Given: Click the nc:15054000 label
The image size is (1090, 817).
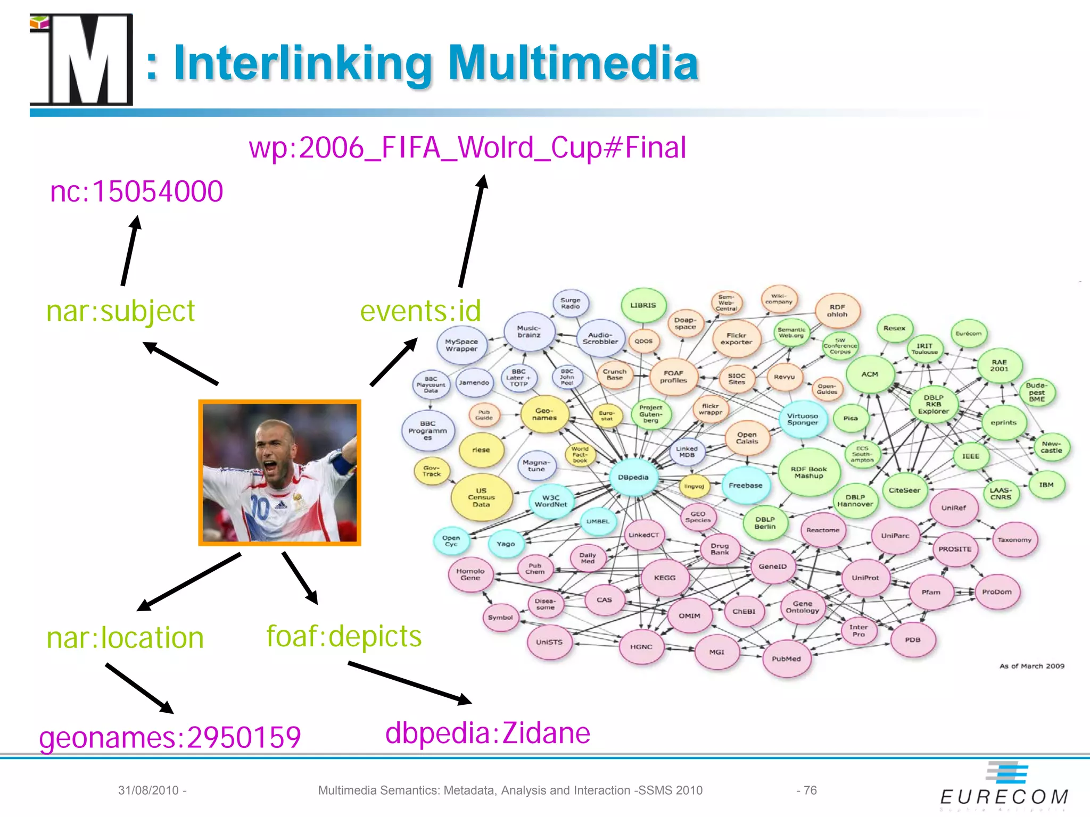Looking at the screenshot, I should [136, 191].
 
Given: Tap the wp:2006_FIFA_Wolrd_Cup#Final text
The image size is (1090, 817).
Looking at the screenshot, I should [467, 148].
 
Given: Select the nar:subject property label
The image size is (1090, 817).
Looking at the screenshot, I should [121, 311].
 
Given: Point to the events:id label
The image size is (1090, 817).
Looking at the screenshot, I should [420, 311].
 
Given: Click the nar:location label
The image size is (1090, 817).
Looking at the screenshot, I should [125, 638].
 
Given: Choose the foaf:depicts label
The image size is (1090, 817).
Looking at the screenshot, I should [344, 636].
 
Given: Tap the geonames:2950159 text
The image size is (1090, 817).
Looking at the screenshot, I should [170, 737].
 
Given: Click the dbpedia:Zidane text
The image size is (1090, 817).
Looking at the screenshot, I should [488, 733].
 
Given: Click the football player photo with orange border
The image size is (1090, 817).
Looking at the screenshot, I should [279, 473].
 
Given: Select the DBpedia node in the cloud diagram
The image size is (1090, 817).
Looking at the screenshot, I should [633, 477].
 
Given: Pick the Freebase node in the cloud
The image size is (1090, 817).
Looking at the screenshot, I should [745, 485].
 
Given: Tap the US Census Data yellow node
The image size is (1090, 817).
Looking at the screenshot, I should [481, 497].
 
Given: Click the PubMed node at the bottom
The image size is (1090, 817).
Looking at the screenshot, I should [786, 658].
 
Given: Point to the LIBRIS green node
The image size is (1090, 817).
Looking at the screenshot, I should [643, 305].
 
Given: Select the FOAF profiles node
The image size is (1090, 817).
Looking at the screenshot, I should [673, 377].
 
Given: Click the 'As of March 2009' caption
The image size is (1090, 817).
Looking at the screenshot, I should [1031, 666].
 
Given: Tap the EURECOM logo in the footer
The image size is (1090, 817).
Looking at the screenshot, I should [1004, 787].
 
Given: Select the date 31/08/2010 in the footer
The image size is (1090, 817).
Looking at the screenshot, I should [148, 790].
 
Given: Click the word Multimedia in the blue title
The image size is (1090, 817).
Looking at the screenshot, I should [573, 63].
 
